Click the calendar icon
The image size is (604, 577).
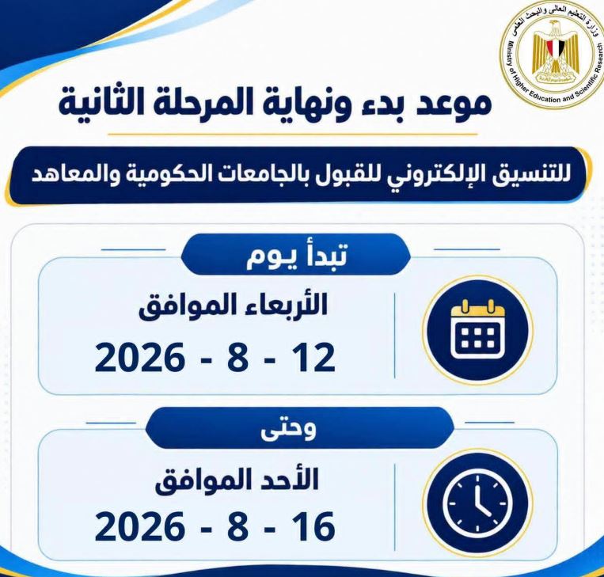477,329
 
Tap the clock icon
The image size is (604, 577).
477,503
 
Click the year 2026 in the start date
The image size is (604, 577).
139,357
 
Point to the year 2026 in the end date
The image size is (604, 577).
139,526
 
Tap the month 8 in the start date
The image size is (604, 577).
237,357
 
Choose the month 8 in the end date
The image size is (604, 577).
237,526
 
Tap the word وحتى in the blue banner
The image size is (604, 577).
288,429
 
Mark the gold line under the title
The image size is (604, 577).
293,135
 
